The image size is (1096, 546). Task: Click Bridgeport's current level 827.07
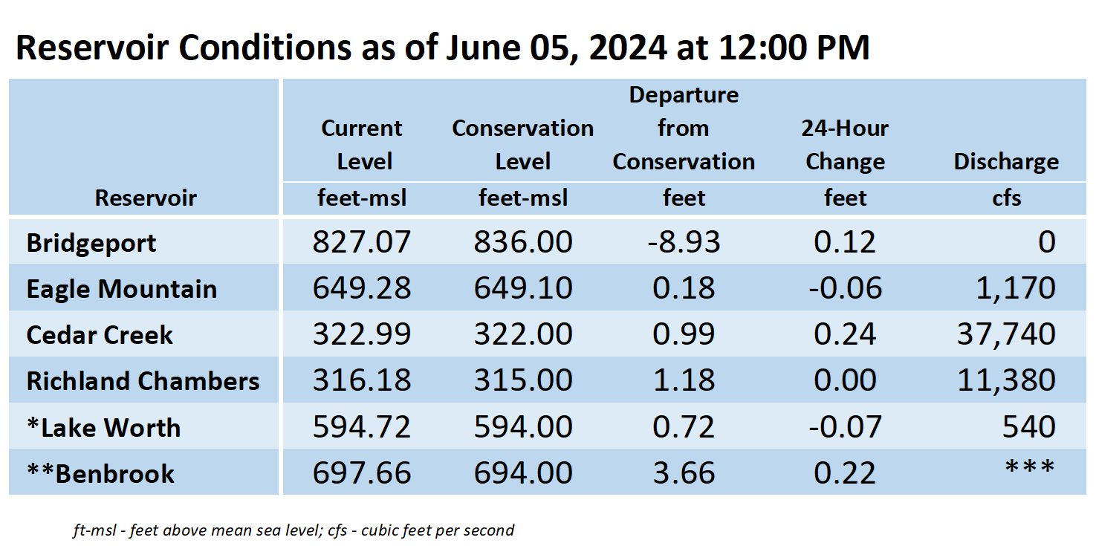(x=362, y=241)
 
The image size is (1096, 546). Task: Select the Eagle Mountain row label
(x=122, y=289)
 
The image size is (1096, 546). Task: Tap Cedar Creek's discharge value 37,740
(x=1006, y=334)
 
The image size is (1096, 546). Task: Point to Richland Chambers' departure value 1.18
(x=684, y=380)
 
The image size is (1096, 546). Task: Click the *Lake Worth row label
(x=104, y=427)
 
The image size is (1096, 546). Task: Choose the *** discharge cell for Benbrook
(x=1029, y=467)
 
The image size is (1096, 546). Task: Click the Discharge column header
(x=1006, y=161)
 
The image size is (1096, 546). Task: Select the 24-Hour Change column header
(x=845, y=145)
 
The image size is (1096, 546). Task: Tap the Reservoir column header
(x=146, y=198)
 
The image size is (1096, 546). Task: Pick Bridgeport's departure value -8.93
(x=684, y=241)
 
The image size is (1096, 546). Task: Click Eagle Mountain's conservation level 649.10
(x=522, y=287)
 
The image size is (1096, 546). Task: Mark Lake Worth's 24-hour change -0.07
(x=845, y=426)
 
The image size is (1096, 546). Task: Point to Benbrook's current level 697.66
(x=362, y=472)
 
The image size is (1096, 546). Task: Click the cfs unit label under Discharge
(x=1006, y=198)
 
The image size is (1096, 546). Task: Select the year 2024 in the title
(x=628, y=48)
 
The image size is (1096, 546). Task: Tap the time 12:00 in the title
(x=762, y=48)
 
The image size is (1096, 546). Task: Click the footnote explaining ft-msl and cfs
(x=294, y=530)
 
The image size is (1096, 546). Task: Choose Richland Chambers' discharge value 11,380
(x=1006, y=380)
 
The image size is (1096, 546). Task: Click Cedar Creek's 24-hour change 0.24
(x=845, y=334)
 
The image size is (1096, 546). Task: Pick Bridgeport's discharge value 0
(x=1046, y=241)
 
